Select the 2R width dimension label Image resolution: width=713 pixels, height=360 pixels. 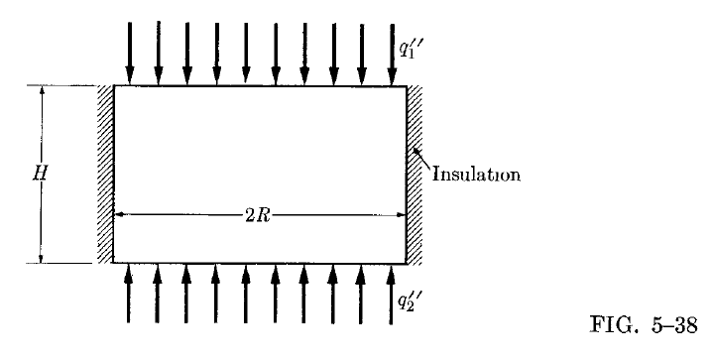(259, 214)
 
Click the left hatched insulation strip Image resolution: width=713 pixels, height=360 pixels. (105, 175)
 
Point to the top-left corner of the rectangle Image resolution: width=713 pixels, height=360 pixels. (114, 86)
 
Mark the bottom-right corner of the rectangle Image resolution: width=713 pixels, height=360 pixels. (407, 263)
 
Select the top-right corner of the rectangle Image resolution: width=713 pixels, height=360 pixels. (407, 86)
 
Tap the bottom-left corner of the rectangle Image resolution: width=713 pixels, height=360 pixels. (114, 263)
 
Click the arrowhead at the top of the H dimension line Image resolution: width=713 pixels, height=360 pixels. (41, 92)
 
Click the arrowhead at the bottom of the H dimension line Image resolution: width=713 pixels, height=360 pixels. (41, 257)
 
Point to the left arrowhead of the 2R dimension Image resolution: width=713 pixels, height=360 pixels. (119, 214)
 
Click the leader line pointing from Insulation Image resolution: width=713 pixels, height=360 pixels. (420, 159)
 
